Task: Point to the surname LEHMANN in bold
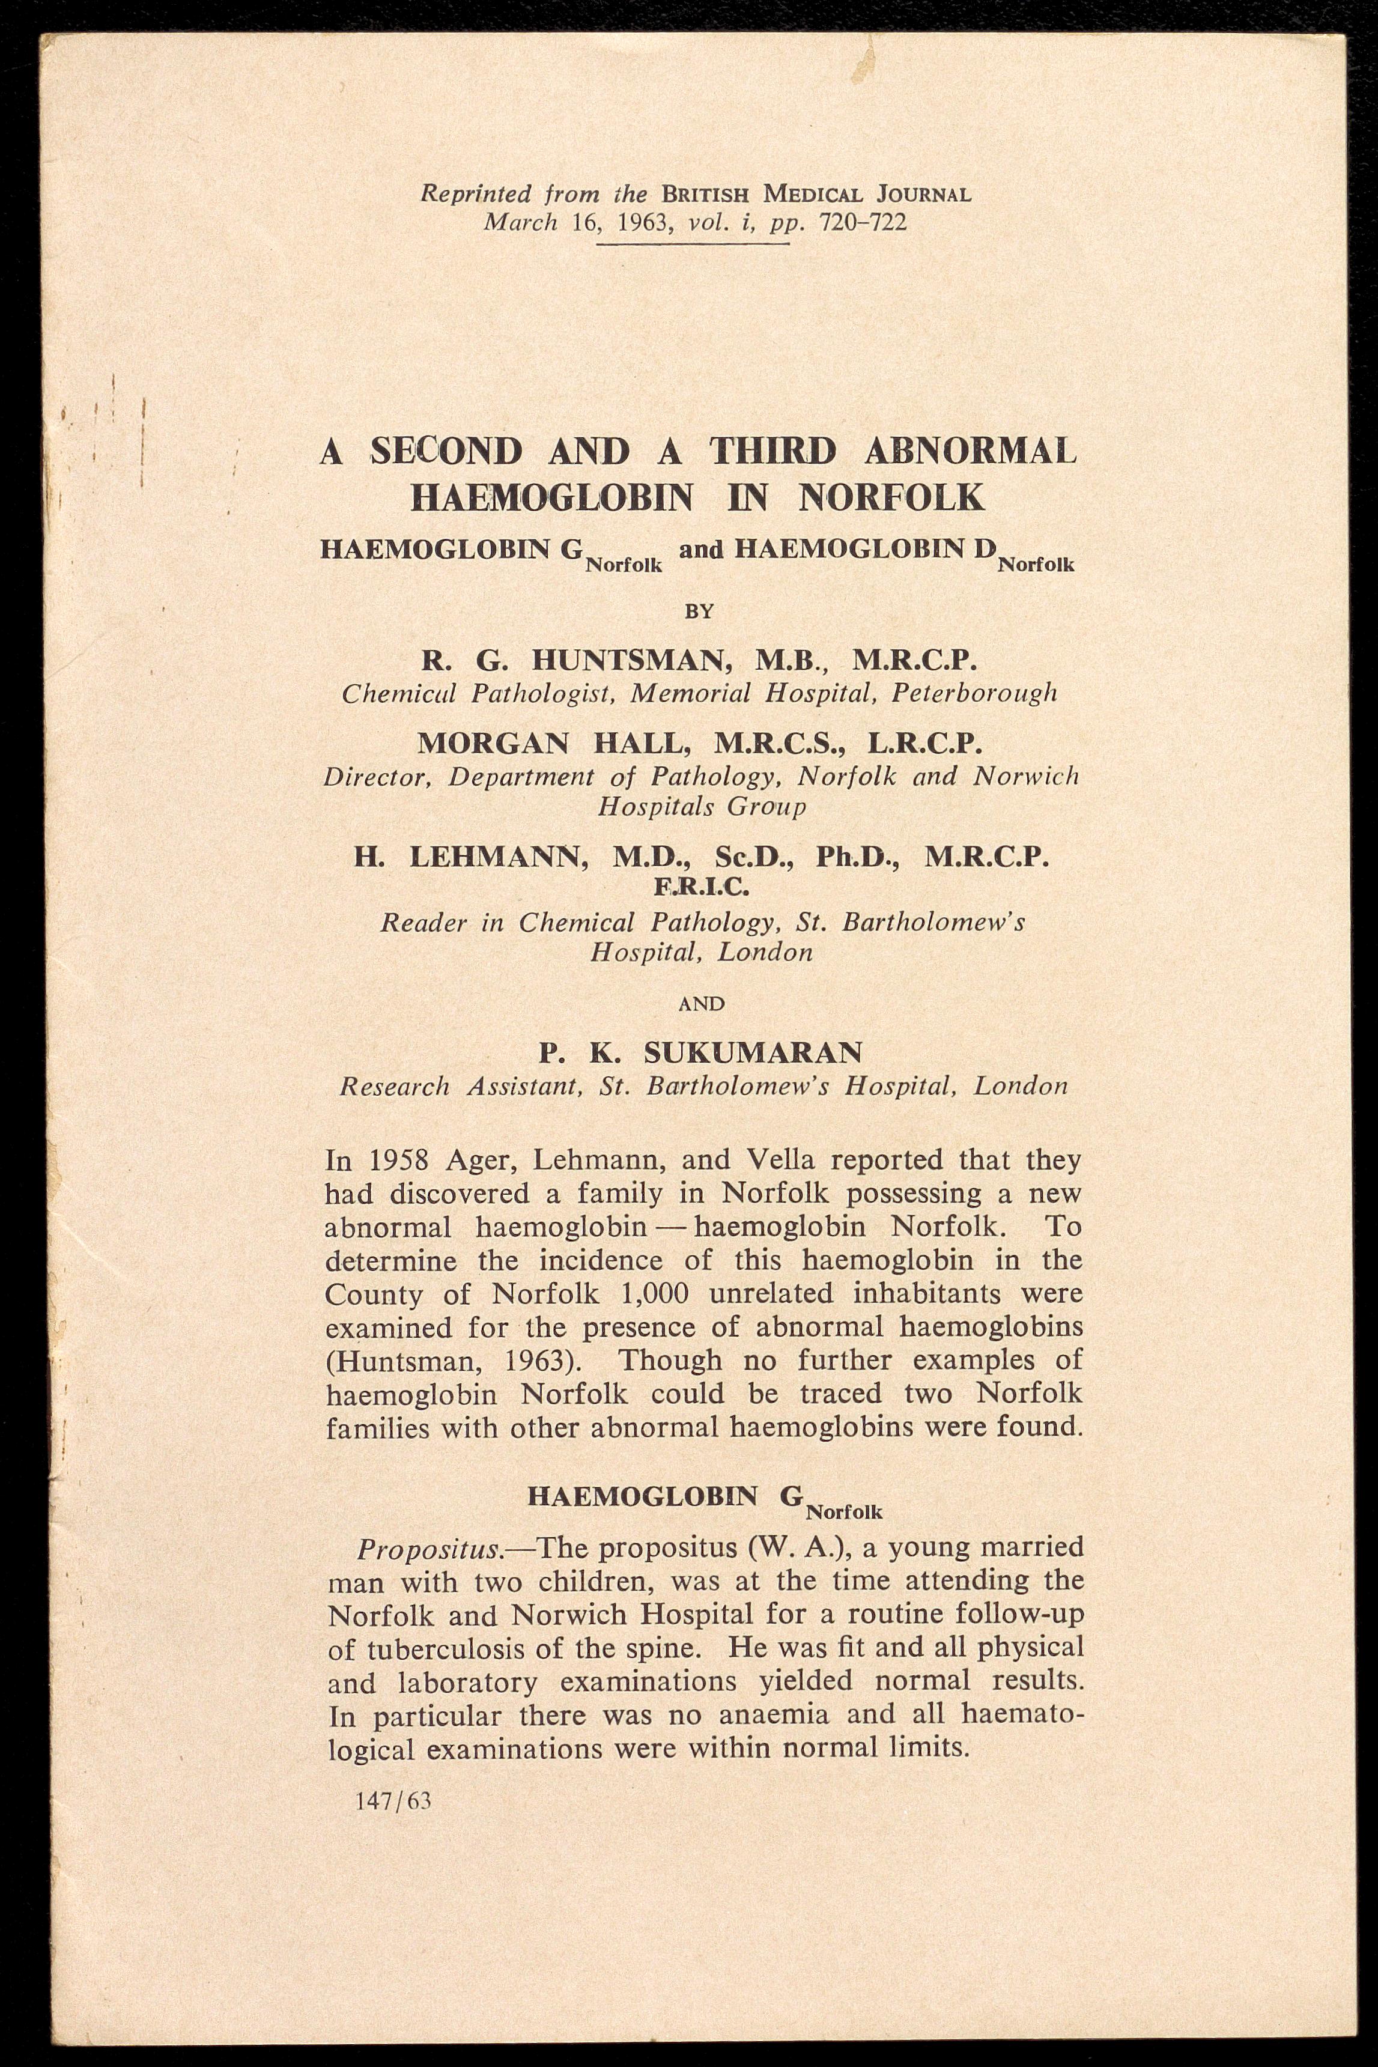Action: click(499, 856)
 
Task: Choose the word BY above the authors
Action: click(700, 612)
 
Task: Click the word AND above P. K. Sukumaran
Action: click(700, 1004)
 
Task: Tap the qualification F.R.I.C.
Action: click(701, 888)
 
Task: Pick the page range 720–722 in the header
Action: click(862, 222)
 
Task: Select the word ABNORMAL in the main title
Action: click(970, 452)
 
